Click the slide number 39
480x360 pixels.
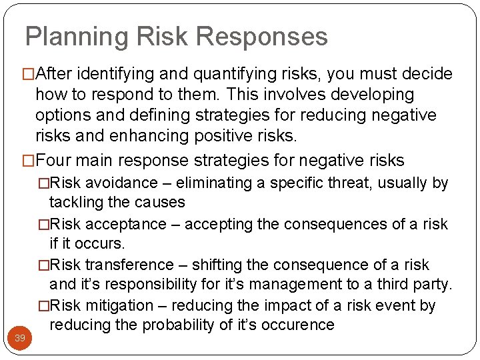point(20,338)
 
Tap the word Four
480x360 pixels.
point(54,161)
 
